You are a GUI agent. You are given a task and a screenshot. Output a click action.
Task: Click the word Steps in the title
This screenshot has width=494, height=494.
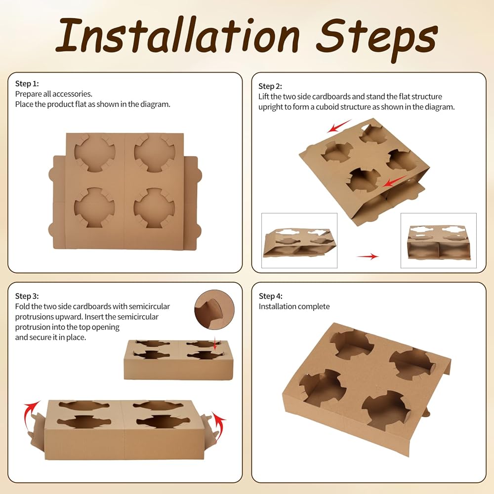click(377, 38)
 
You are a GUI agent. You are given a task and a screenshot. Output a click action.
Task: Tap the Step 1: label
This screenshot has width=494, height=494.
click(27, 84)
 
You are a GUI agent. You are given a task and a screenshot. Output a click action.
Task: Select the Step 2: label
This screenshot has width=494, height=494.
click(270, 86)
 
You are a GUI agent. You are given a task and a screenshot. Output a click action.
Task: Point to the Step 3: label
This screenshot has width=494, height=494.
click(27, 296)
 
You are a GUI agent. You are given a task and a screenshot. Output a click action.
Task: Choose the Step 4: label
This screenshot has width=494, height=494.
click(271, 296)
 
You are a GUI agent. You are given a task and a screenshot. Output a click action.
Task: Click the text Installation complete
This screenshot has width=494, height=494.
click(294, 307)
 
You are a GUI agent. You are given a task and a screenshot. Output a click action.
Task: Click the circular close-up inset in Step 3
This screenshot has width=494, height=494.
click(214, 310)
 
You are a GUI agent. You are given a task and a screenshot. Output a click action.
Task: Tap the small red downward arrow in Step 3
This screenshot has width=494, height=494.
click(215, 343)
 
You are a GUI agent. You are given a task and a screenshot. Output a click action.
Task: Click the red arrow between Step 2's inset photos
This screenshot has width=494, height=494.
click(368, 256)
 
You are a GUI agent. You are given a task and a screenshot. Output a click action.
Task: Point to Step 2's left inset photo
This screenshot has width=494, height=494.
click(299, 241)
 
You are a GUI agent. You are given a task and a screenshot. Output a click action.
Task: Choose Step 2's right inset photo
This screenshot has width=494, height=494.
click(439, 241)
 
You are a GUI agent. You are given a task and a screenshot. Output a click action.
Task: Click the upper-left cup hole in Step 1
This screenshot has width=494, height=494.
click(94, 153)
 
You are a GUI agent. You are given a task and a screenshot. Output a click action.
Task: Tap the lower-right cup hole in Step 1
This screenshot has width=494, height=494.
click(154, 208)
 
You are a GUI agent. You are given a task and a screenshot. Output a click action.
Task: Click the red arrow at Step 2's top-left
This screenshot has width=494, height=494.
click(339, 126)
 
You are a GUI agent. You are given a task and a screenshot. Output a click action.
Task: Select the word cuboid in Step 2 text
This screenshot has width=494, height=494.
click(331, 107)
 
